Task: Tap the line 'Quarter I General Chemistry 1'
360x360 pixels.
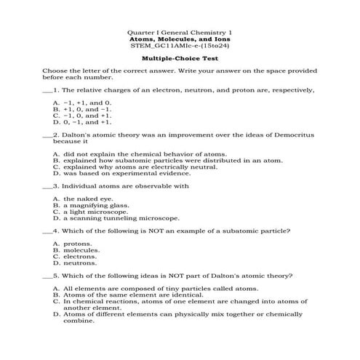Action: tap(179, 32)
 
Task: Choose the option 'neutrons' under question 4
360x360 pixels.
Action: tap(80, 263)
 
